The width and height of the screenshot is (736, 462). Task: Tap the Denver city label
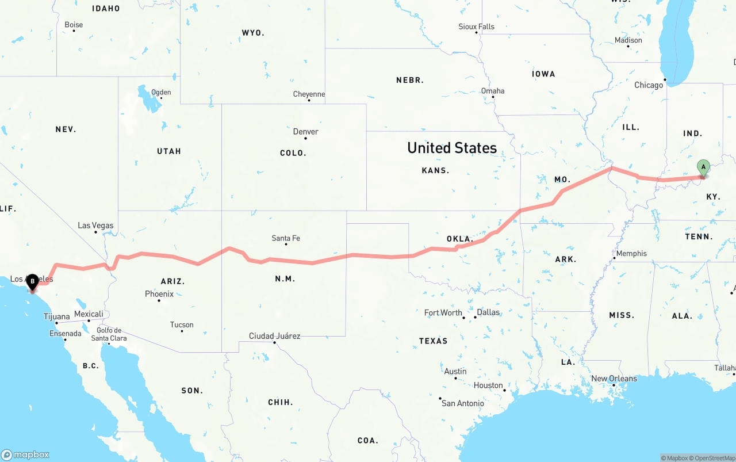tap(305, 132)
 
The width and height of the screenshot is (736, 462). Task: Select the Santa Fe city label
tap(286, 238)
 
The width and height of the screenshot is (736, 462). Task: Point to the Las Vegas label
tap(95, 226)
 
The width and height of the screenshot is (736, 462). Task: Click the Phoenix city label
tap(159, 294)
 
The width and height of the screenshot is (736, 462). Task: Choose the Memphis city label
tap(631, 254)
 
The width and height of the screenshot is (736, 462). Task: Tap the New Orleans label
tap(614, 379)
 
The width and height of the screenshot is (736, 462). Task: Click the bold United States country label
tap(452, 148)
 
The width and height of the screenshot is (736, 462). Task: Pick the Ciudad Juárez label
tap(274, 336)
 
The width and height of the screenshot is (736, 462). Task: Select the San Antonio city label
tap(462, 403)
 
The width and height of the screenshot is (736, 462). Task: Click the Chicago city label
tap(649, 85)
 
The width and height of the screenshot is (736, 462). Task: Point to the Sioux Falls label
tap(476, 26)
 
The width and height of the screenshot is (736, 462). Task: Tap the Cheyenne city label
tap(309, 94)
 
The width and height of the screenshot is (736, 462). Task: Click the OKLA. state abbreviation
tap(459, 239)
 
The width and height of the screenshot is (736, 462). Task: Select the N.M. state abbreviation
tap(285, 279)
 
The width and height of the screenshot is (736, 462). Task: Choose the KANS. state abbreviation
tap(435, 170)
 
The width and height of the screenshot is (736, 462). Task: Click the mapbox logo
tap(25, 455)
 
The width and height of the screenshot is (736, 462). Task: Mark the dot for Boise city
tap(74, 30)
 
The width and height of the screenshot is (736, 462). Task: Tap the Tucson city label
tap(182, 324)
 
